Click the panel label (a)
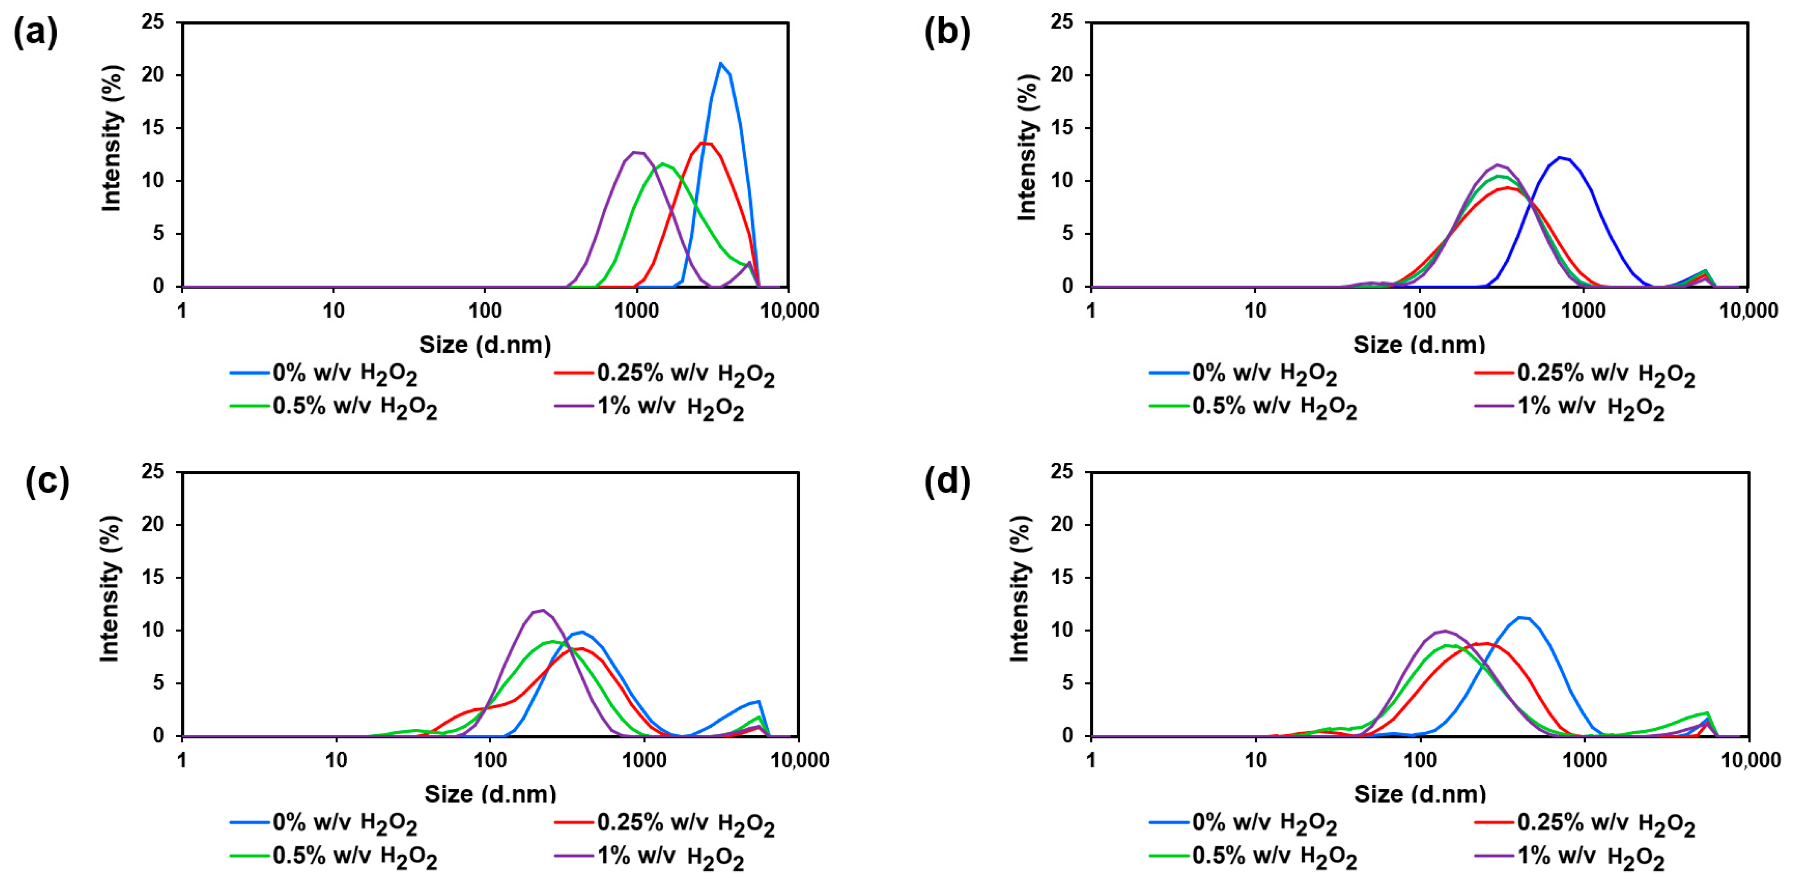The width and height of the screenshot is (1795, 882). tap(35, 33)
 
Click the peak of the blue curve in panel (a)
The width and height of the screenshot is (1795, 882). tap(720, 64)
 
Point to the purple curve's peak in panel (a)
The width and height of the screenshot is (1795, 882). tap(635, 152)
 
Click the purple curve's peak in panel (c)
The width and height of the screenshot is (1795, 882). tap(543, 610)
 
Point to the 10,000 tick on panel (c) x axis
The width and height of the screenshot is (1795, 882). tap(799, 760)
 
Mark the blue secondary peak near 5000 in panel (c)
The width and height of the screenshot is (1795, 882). tap(758, 701)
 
